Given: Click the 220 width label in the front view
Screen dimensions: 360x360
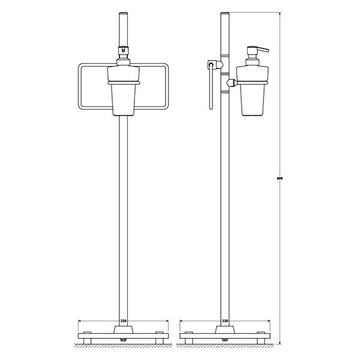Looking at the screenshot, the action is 124,321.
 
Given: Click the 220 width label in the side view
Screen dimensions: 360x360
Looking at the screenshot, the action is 225,321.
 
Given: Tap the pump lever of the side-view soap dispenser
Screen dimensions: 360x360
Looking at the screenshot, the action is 261,50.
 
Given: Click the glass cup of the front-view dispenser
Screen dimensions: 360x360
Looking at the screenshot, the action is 124,100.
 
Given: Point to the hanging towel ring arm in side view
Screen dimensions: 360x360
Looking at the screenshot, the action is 211,87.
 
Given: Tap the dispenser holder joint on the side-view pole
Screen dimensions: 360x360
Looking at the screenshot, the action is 232,83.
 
